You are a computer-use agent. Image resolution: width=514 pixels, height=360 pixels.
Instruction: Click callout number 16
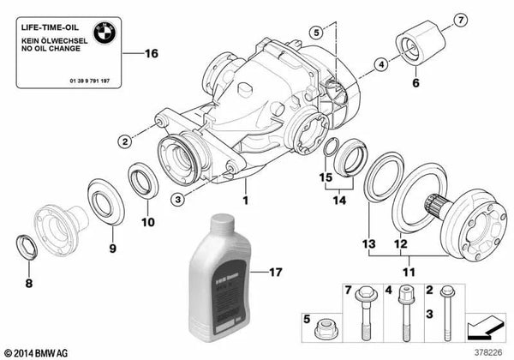(152, 54)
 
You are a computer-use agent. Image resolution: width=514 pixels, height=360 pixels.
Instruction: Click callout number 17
(273, 275)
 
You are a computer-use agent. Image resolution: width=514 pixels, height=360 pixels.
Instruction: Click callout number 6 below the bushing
(417, 83)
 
